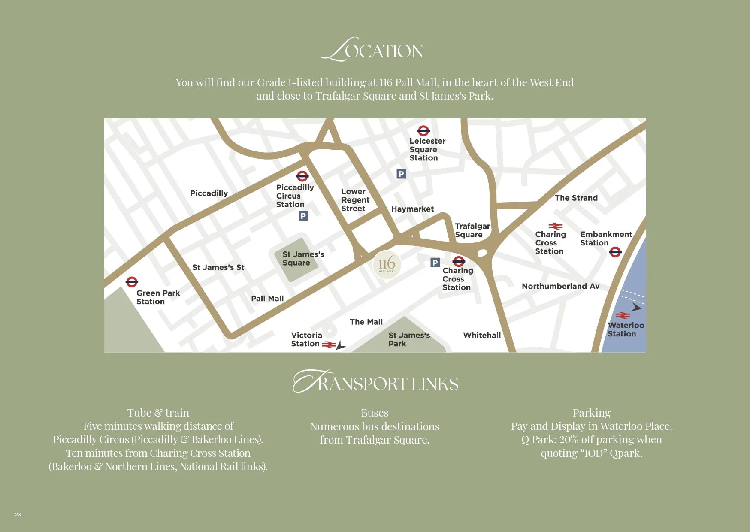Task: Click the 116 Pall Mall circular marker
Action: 387,265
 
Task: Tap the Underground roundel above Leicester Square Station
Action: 423,131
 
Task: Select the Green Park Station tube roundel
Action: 132,282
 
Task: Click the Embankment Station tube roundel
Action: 615,252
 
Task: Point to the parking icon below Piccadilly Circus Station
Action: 303,216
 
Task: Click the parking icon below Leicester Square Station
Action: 401,174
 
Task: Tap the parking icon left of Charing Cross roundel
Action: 435,263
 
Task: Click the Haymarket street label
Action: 412,209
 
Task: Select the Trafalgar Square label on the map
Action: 472,230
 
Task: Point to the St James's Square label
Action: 303,258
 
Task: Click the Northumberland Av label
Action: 560,286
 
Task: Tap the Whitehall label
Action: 482,335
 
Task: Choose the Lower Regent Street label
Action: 355,200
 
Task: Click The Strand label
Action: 576,198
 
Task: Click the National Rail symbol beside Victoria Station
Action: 329,345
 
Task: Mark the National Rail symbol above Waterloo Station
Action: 623,316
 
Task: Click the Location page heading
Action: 372,50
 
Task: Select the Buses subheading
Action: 375,413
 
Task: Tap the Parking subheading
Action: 591,413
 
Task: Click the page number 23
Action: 18,514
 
